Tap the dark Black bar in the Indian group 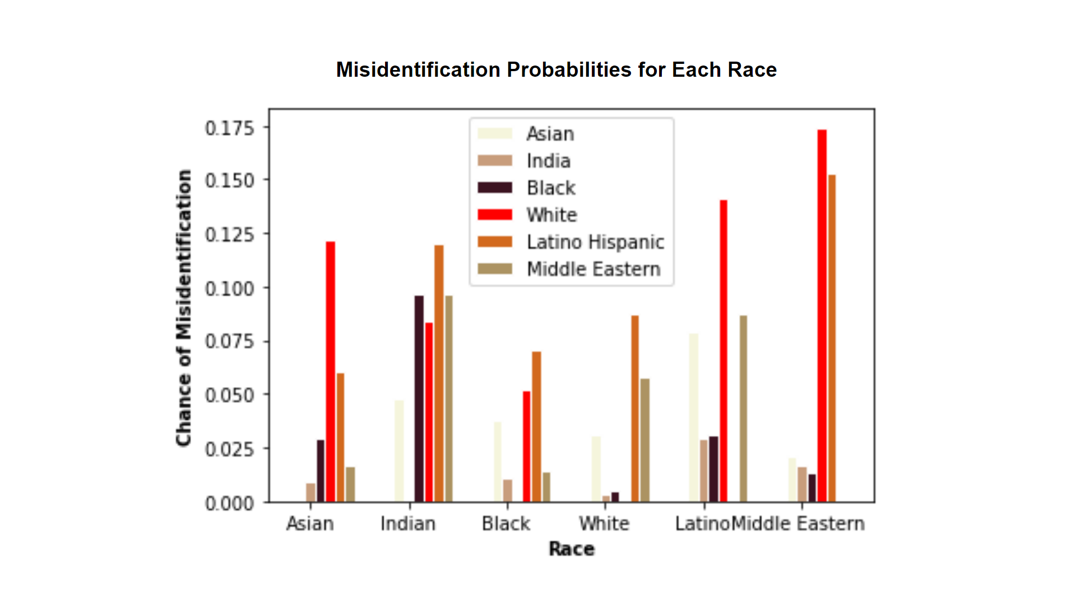tap(419, 398)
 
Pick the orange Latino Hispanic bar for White tap(635, 408)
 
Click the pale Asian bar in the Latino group tap(694, 417)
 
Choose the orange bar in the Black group tap(536, 426)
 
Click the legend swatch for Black tap(495, 188)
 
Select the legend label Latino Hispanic tap(595, 242)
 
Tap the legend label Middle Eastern tap(593, 269)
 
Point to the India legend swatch tap(495, 161)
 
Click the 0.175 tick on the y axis tap(230, 128)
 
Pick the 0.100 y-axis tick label tap(230, 288)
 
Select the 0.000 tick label tap(230, 503)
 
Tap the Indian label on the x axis tap(408, 524)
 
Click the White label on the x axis tap(604, 524)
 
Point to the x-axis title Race tap(572, 549)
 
